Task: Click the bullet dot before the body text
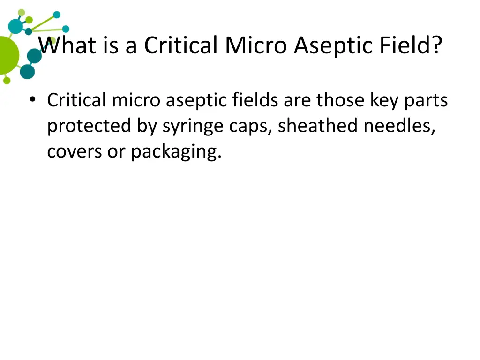pos(32,99)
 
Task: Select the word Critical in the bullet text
pos(77,100)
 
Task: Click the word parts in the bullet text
pos(427,101)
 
